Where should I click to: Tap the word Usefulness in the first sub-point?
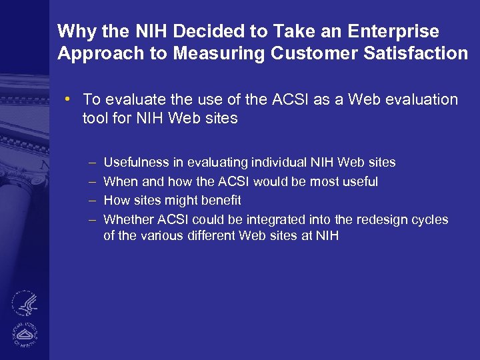pyautogui.click(x=143, y=163)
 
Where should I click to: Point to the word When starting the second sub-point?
pyautogui.click(x=119, y=182)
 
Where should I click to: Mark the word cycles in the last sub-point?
pyautogui.click(x=430, y=220)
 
